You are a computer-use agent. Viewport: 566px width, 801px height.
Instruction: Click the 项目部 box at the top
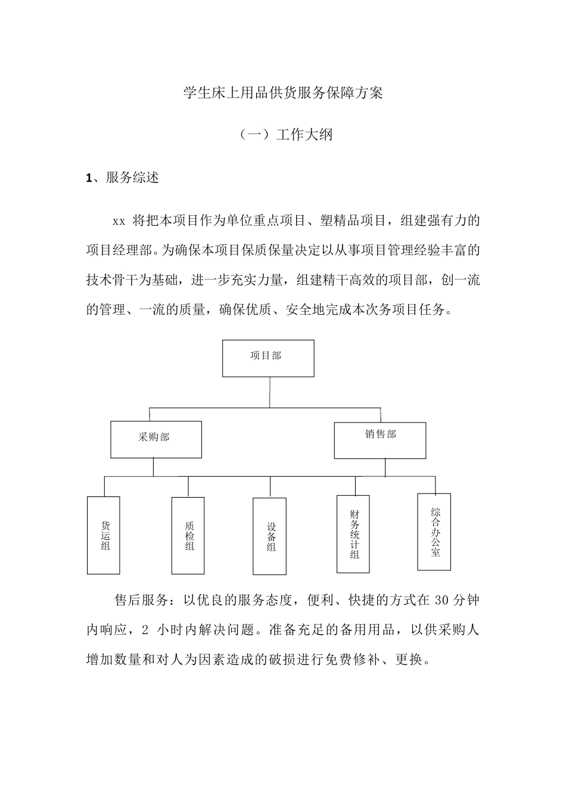pos(268,358)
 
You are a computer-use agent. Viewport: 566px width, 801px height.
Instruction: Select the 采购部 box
pos(156,439)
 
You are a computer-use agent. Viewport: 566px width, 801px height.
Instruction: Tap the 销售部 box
pos(380,440)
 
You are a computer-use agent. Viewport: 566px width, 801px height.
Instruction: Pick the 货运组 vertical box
pos(104,535)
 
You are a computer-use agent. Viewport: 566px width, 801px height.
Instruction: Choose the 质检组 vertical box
pos(188,535)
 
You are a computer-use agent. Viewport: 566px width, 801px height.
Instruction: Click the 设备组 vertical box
pos(269,536)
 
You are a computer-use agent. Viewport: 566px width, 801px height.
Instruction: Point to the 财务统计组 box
pos(353,534)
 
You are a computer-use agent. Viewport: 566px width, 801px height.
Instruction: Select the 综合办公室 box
pos(434,532)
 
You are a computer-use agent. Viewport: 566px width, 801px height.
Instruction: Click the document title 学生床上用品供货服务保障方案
pos(283,93)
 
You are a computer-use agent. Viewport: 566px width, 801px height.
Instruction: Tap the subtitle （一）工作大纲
pos(283,135)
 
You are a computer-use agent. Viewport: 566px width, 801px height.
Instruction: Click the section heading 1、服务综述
pos(123,178)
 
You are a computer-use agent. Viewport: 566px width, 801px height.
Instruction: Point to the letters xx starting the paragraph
pos(119,222)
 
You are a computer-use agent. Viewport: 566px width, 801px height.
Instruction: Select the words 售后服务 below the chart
pos(141,600)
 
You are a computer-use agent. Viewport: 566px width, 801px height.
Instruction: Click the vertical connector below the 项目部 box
pos(269,392)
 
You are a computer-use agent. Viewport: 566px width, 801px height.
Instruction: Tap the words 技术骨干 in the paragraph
pos(112,280)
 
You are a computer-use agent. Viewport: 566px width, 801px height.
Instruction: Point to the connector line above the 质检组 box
pos(188,487)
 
